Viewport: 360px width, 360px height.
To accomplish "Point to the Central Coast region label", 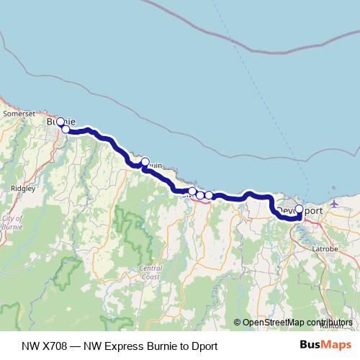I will [150, 271].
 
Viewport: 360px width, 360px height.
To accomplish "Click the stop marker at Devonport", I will [300, 210].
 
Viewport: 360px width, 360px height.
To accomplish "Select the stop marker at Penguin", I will [145, 162].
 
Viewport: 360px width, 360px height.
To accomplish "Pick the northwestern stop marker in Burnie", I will [60, 122].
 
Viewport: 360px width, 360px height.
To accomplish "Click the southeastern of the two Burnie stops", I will [66, 129].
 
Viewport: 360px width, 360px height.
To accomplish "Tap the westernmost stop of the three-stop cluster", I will [192, 192].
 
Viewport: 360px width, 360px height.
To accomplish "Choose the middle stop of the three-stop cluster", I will [200, 195].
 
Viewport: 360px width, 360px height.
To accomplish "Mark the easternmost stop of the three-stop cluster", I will [209, 195].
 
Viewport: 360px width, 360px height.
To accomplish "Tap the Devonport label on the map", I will [297, 210].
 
